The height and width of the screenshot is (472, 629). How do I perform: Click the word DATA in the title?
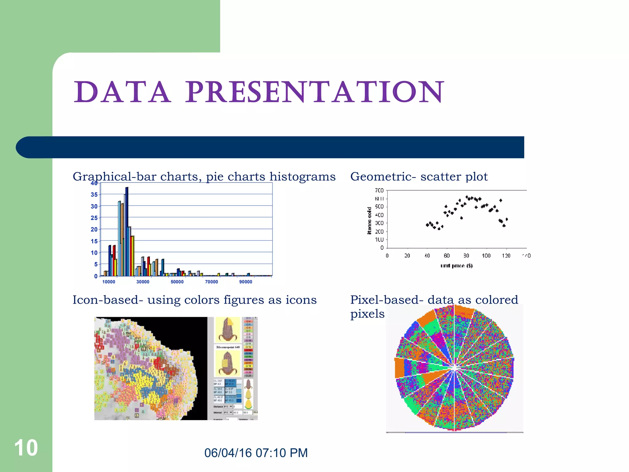122,92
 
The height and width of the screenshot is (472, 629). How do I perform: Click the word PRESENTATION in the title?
314,92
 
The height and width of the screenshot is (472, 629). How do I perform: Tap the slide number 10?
26,448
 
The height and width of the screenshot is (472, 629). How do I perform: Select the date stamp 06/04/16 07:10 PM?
256,453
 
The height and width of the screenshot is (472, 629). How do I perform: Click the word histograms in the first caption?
302,177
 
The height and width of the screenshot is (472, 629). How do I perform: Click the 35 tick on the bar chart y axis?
94,195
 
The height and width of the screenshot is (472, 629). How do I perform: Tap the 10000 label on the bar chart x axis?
109,282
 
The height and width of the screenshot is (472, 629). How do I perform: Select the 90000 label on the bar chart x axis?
246,282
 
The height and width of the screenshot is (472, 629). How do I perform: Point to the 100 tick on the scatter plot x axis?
486,256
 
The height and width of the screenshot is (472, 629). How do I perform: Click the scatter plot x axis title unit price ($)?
456,265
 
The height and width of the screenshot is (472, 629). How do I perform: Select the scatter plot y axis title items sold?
369,221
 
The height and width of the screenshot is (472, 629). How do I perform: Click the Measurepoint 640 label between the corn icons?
228,347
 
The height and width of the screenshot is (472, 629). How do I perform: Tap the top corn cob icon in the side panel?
228,330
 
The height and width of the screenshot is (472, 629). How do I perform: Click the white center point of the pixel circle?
454,368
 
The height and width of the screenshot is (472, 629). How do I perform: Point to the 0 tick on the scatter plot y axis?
382,248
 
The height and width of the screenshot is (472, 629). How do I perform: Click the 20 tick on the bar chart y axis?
94,230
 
